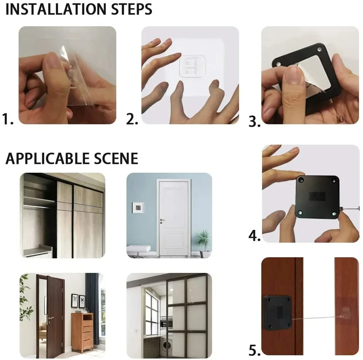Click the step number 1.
tap(8, 119)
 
